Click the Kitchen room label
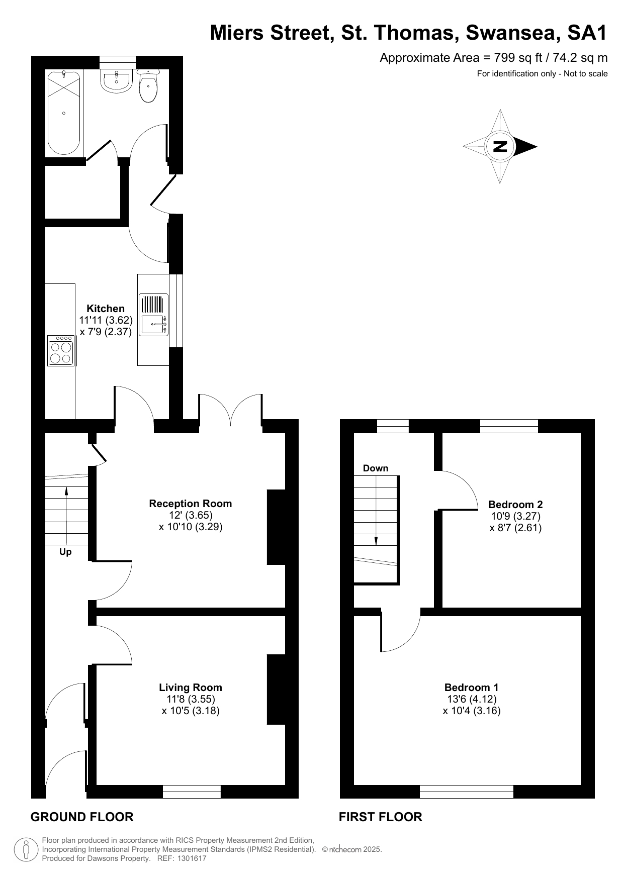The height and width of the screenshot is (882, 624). tap(106, 309)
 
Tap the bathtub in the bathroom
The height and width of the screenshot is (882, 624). tap(64, 113)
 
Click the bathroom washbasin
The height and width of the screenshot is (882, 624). tap(117, 80)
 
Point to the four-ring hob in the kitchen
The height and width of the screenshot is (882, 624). tap(61, 350)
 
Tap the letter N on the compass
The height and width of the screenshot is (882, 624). tap(500, 147)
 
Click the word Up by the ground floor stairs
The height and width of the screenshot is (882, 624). tap(65, 552)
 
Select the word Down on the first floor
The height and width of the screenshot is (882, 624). tap(376, 468)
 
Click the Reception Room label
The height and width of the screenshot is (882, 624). tap(191, 504)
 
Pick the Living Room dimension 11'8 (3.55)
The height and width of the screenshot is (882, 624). tap(191, 699)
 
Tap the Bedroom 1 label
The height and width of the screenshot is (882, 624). tap(471, 687)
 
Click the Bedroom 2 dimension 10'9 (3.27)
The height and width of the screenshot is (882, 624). tap(515, 516)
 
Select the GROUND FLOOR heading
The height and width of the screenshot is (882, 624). tap(82, 817)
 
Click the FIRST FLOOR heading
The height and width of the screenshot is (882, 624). tap(381, 817)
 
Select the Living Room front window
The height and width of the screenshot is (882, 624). tap(192, 792)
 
